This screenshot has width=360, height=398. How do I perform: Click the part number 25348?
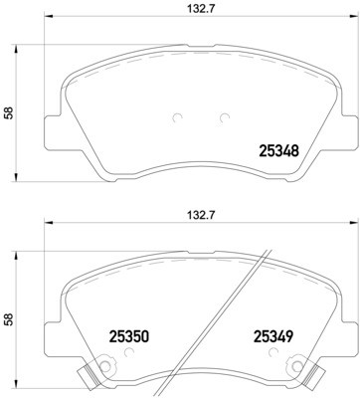click(278, 152)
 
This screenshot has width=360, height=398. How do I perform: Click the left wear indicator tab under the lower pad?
click(88, 379)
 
